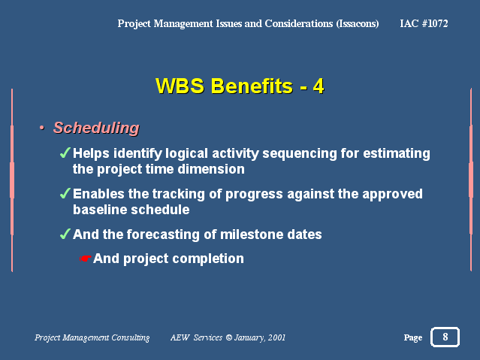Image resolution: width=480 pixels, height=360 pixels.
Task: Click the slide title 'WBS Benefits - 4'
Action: click(x=240, y=86)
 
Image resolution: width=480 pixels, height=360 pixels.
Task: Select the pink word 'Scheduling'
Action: click(x=96, y=128)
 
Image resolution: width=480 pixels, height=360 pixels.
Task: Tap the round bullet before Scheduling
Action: click(x=42, y=128)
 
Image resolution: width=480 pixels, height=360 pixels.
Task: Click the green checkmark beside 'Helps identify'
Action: click(x=65, y=153)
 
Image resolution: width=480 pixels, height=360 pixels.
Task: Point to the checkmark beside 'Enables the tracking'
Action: click(x=65, y=193)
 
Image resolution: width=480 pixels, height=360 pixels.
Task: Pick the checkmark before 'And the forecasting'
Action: click(x=65, y=234)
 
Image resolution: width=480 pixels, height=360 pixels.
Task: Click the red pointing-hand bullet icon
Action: click(x=85, y=259)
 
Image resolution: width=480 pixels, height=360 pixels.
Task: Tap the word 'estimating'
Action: click(x=397, y=153)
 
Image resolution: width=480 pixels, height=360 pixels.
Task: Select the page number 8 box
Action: click(x=445, y=337)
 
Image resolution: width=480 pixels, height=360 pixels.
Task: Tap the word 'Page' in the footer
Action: click(x=413, y=337)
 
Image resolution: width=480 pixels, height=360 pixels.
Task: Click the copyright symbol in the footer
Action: click(x=228, y=337)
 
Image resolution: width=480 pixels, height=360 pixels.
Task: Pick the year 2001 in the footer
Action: click(x=276, y=337)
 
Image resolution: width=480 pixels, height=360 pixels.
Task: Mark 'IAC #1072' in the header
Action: click(x=424, y=23)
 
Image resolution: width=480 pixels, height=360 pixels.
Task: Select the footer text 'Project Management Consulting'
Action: click(x=92, y=337)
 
